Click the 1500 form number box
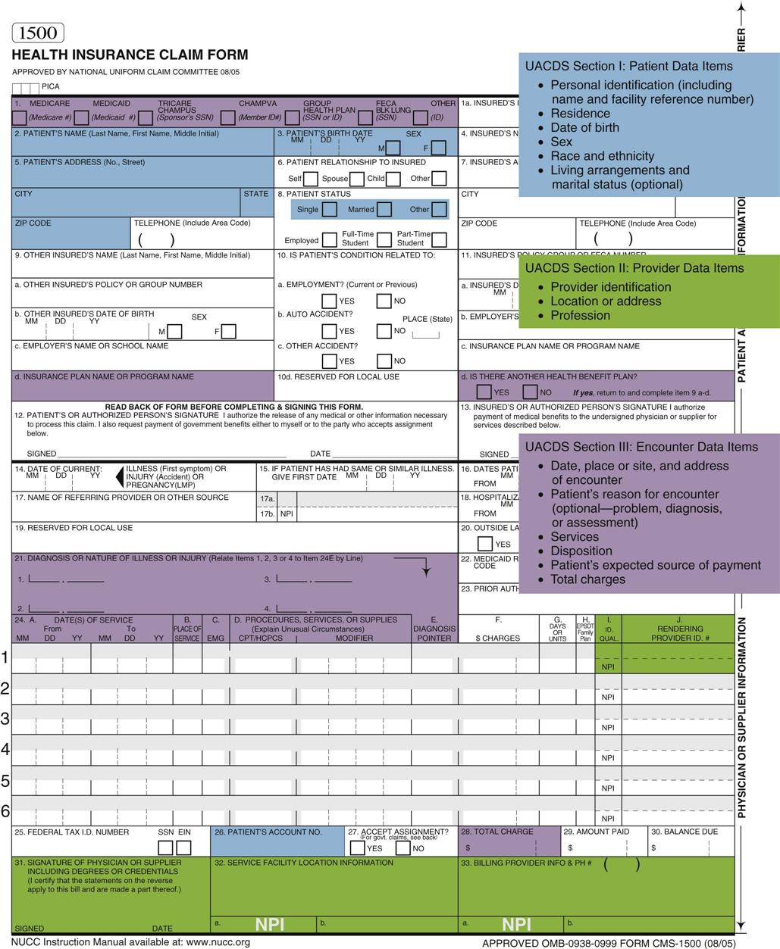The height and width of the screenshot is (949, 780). click(38, 33)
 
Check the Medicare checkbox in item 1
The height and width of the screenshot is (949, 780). click(19, 117)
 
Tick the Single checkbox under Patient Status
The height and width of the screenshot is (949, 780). click(329, 210)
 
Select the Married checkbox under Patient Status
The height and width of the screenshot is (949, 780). click(384, 210)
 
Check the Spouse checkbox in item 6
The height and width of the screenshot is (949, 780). click(356, 179)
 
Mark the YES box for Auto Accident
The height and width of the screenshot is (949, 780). click(329, 331)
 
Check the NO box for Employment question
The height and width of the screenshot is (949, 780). click(384, 301)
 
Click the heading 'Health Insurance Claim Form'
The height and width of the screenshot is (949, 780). click(130, 55)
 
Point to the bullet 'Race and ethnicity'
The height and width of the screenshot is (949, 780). click(602, 156)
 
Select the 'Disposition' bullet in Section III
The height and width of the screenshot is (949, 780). click(581, 551)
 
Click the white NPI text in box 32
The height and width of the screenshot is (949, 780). click(269, 924)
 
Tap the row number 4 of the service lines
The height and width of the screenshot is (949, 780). click(5, 749)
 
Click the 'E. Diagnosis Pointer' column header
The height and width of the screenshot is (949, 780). click(434, 629)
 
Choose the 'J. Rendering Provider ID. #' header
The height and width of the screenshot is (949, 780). click(679, 629)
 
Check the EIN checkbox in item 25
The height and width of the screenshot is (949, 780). click(183, 848)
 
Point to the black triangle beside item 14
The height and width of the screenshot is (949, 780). click(120, 476)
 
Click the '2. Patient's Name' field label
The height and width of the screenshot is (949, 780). click(116, 133)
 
